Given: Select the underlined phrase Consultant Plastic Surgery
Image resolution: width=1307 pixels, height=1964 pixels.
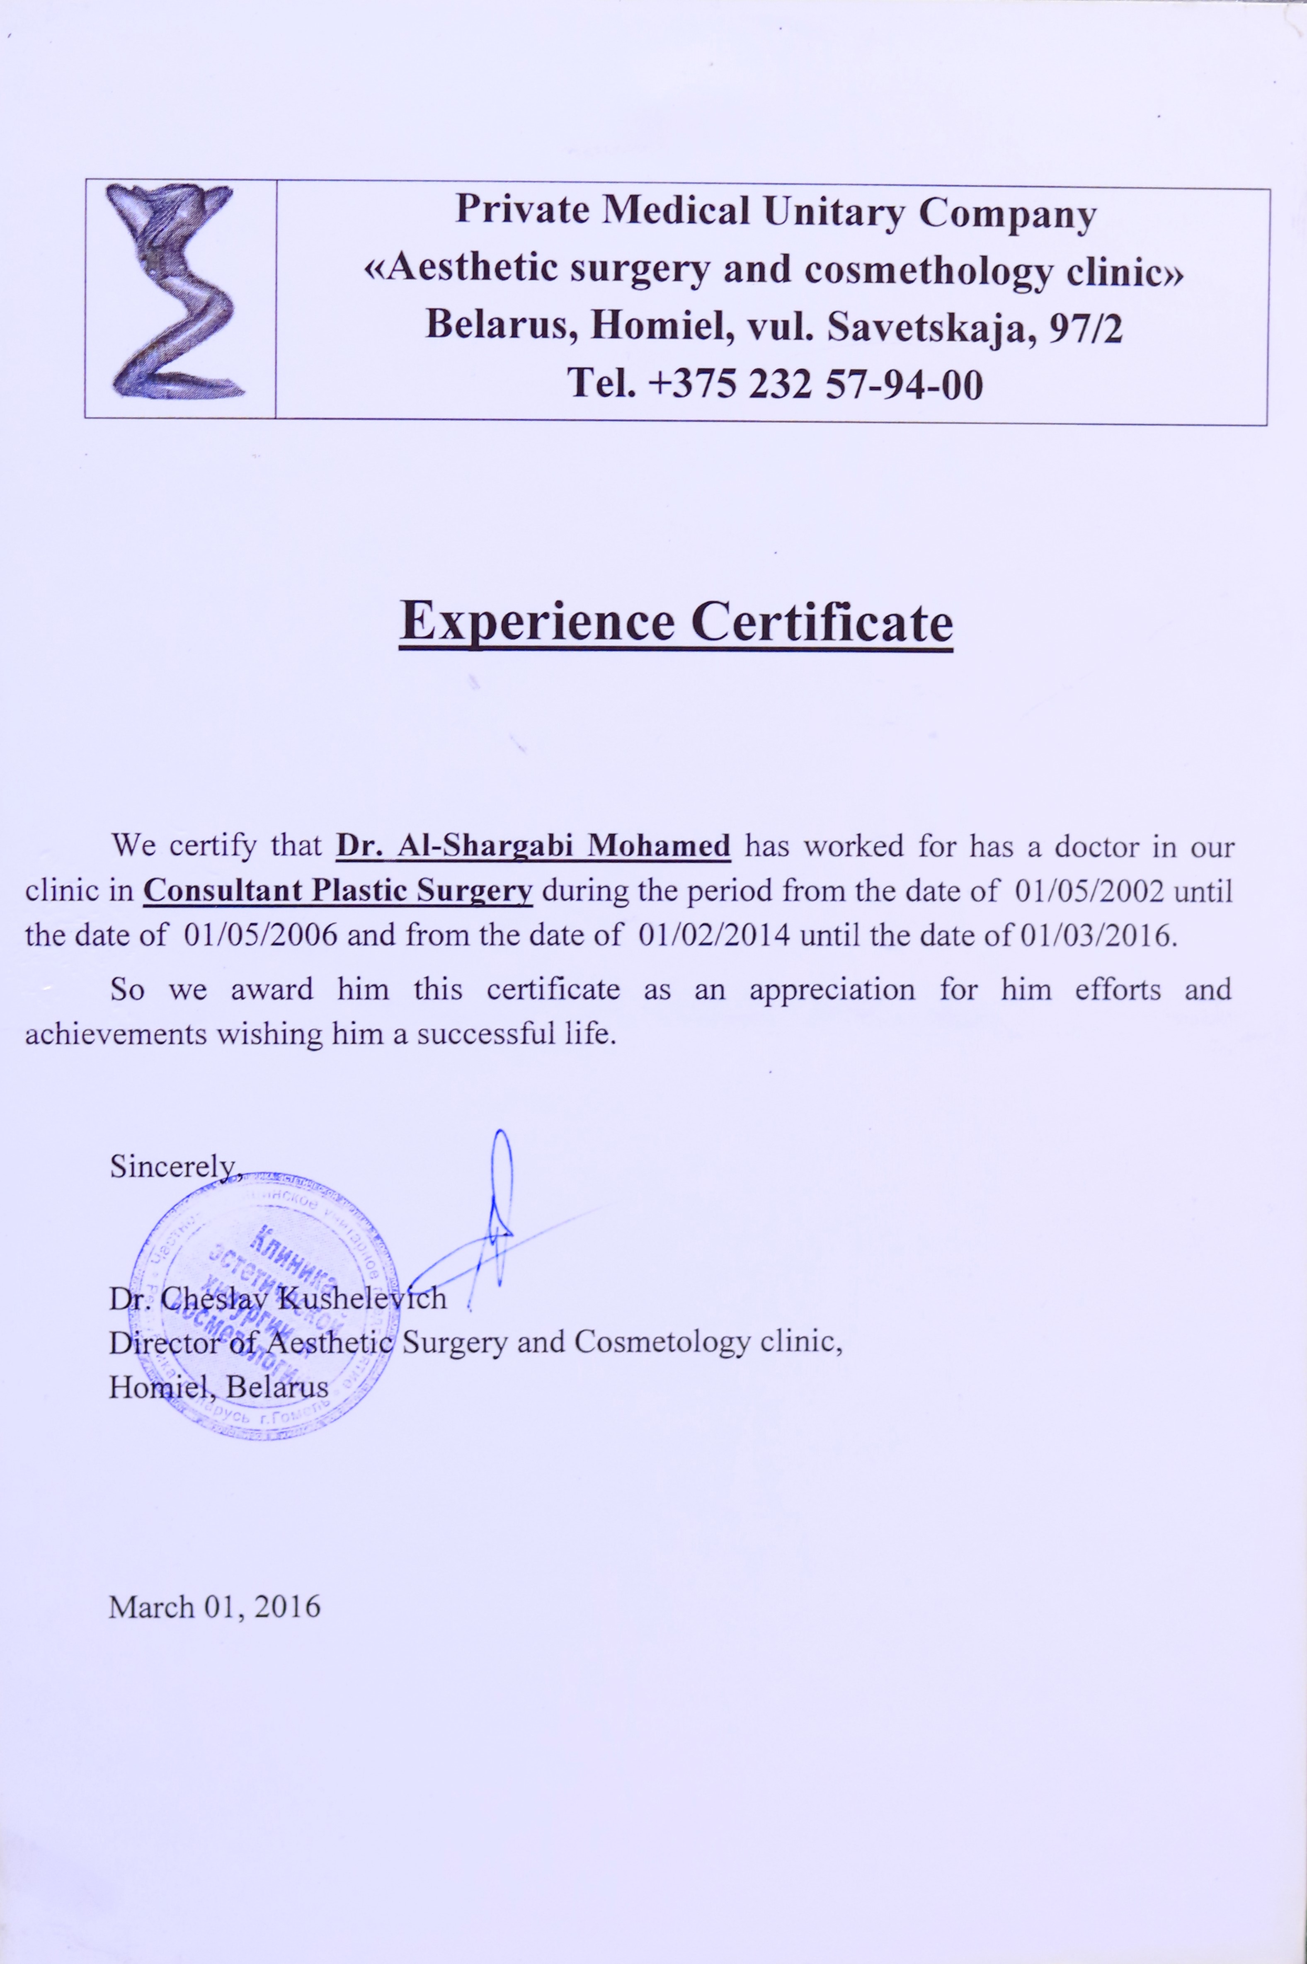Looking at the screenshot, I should pyautogui.click(x=337, y=891).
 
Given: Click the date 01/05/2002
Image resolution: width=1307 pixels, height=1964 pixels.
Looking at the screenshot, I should pyautogui.click(x=1089, y=891).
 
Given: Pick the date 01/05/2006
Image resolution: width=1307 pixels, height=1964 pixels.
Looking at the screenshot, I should pyautogui.click(x=260, y=935).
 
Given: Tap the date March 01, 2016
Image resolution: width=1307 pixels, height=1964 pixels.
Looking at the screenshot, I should pyautogui.click(x=214, y=1606).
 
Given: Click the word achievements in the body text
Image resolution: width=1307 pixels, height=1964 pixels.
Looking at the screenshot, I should pyautogui.click(x=115, y=1034).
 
